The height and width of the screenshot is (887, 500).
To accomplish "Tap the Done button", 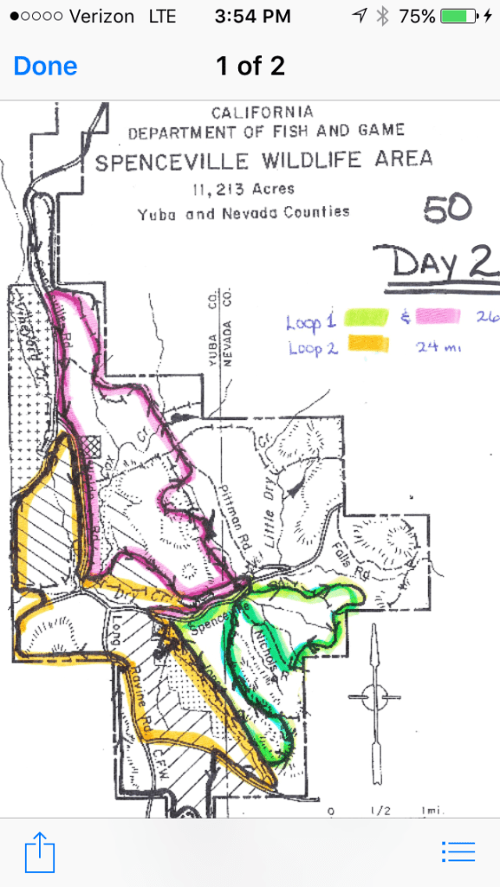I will coord(45,67).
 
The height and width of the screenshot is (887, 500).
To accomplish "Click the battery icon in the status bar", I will coord(459,16).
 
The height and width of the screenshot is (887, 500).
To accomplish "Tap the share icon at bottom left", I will coord(40,851).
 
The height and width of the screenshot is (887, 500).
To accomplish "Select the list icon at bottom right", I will coord(458,851).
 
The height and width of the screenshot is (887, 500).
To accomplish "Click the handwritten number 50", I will coord(447,208).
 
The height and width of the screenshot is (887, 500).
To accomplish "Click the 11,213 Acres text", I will coord(245,190).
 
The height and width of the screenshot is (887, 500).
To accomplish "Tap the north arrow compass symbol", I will coord(373,692).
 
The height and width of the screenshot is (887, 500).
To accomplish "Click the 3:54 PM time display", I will coord(250,16).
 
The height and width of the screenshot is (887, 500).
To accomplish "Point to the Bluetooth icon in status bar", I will coord(382,16).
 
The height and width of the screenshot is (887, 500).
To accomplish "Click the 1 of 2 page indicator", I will coord(250,67).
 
